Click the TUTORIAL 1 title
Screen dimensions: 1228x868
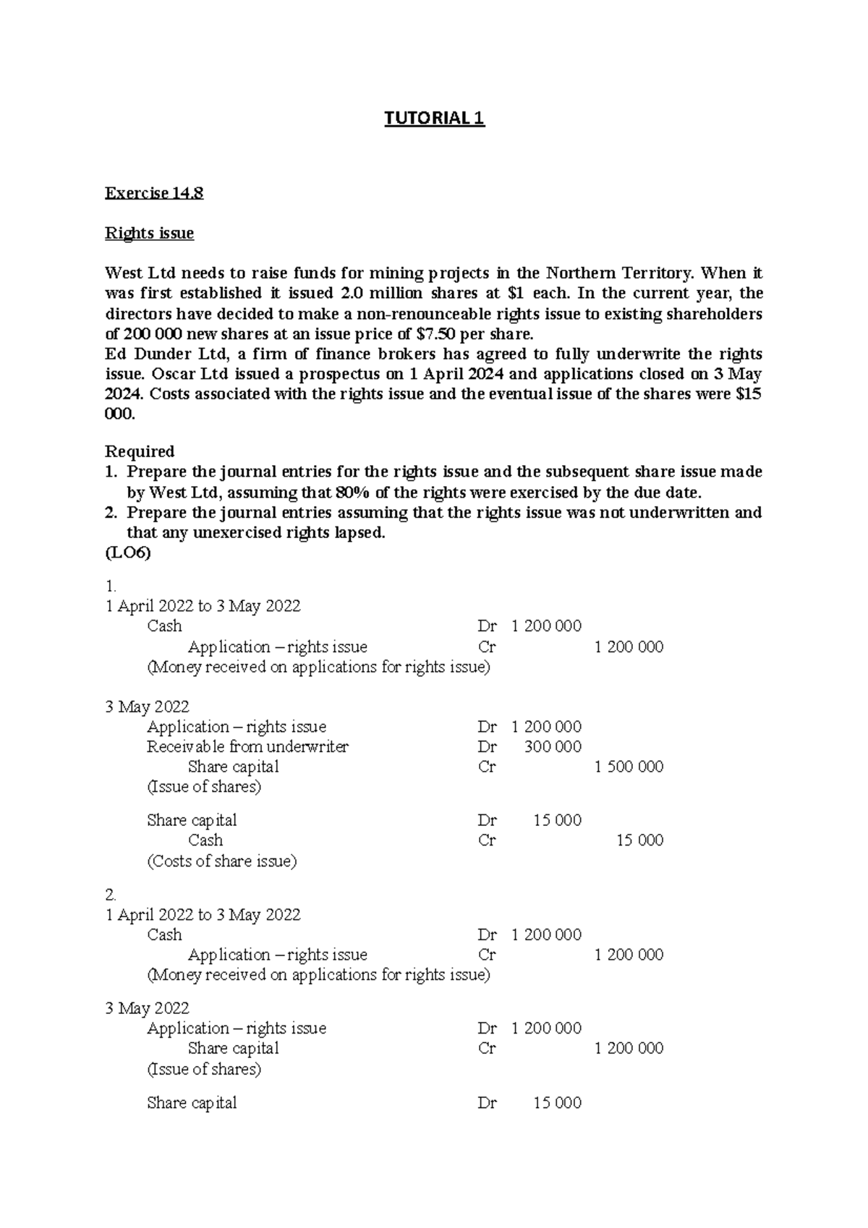(434, 118)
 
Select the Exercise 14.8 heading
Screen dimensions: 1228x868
(154, 193)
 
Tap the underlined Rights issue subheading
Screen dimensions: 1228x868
(149, 233)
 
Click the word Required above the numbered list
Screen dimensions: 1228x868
(140, 451)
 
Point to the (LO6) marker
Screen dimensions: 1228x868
(128, 553)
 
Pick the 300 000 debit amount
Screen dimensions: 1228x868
(553, 746)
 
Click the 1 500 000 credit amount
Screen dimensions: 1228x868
(629, 767)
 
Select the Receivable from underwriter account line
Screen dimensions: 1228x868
(247, 746)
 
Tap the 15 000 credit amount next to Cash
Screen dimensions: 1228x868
(639, 840)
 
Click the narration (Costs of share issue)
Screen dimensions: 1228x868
(221, 861)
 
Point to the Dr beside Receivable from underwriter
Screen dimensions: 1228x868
(487, 746)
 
